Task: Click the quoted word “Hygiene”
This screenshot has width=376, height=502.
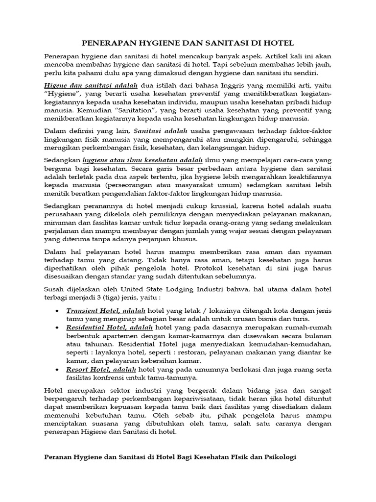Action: pos(62,93)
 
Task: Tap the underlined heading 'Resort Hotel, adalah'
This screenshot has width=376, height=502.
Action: pos(101,369)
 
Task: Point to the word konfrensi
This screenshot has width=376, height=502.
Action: pos(110,377)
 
